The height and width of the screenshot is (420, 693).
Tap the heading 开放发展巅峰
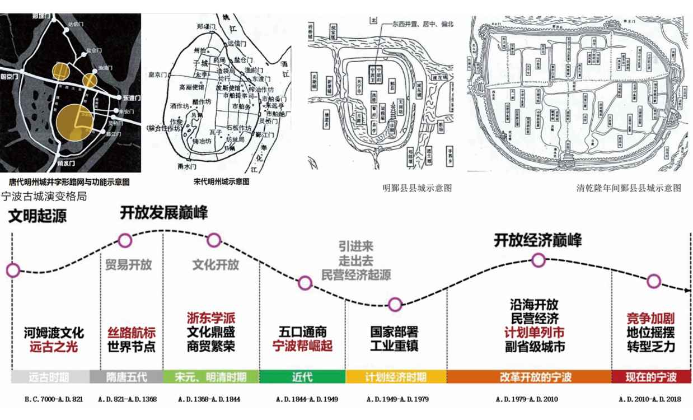click(163, 213)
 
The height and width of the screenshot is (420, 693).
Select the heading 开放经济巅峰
click(537, 240)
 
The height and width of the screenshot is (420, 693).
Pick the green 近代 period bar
click(302, 377)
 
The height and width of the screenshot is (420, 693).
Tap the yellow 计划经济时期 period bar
click(396, 377)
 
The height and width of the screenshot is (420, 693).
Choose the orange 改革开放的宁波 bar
click(529, 377)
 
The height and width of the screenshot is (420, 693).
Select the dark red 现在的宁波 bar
click(651, 377)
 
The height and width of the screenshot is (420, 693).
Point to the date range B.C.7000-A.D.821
click(54, 399)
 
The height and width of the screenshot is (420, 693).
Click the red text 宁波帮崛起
click(302, 346)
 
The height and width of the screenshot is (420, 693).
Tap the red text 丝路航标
click(131, 332)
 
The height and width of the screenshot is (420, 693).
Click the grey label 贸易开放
click(128, 264)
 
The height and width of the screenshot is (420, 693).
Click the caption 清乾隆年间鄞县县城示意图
click(629, 188)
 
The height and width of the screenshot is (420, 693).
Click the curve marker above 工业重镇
click(395, 305)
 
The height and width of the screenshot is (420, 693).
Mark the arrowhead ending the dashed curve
click(688, 290)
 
